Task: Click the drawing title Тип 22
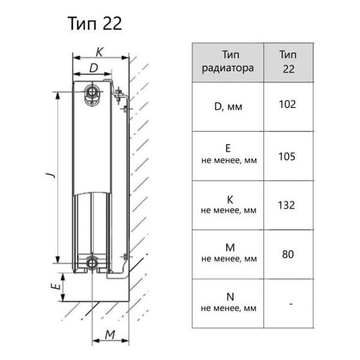pos(95,23)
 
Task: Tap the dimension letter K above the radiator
pos(100,52)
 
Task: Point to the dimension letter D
pos(94,68)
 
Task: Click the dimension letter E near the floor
pos(56,286)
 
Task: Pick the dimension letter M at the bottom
pos(110,335)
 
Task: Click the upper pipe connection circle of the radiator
pos(92,92)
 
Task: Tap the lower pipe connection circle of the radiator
pos(92,263)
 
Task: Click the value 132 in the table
pos(286,205)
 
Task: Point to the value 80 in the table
pos(288,254)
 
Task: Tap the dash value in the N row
pos(291,304)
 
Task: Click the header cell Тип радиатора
pos(228,62)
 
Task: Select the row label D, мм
pos(228,107)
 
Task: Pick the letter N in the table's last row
pos(230,296)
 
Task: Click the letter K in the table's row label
pos(230,200)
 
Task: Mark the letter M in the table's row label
pos(230,248)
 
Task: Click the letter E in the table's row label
pos(228,148)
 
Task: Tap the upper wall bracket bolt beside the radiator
pos(118,95)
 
